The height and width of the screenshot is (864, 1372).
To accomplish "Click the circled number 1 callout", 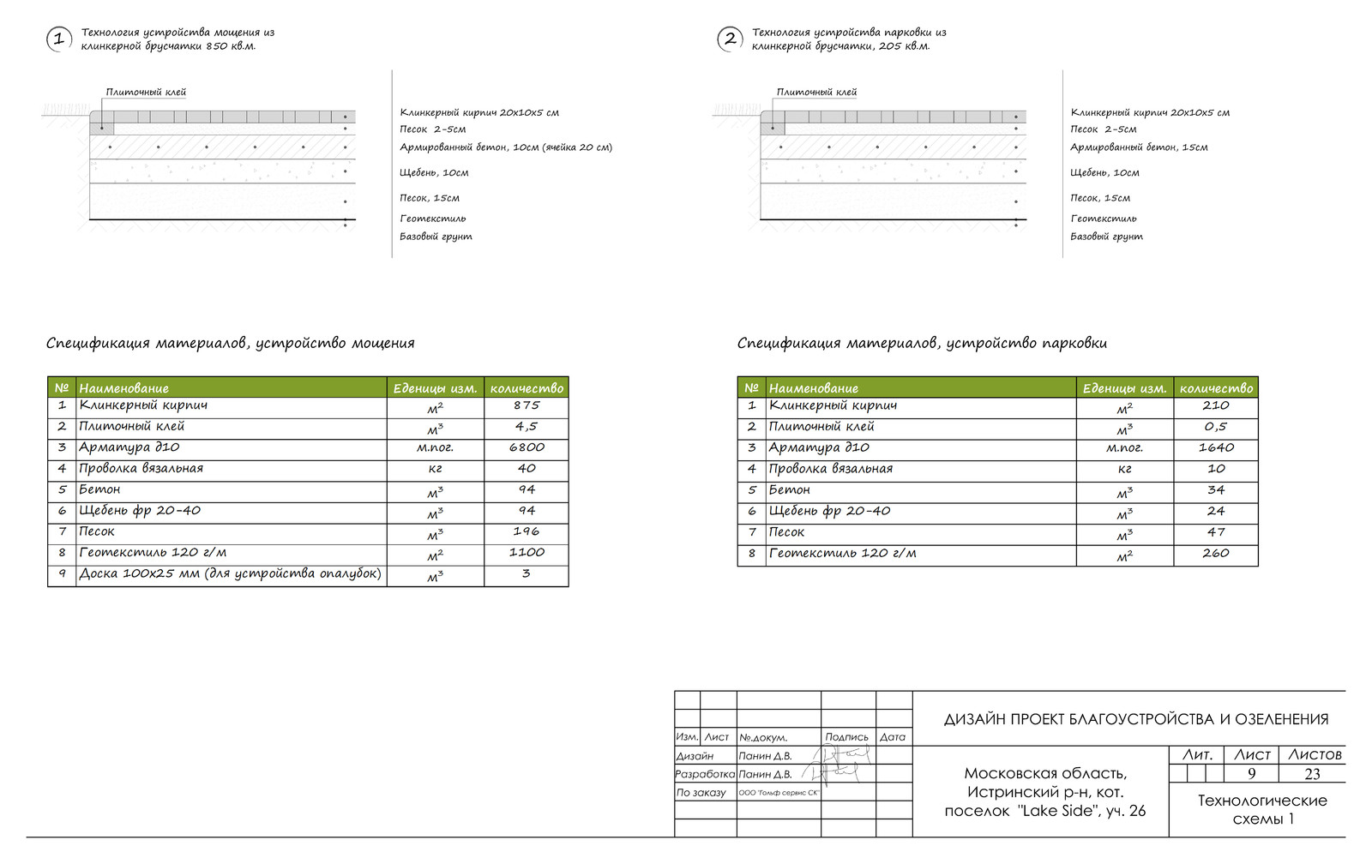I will click(x=58, y=39).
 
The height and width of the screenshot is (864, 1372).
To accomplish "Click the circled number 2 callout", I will click(x=729, y=39).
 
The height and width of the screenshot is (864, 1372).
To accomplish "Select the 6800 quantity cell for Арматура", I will click(x=526, y=447).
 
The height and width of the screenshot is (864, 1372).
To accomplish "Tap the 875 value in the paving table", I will click(x=526, y=405).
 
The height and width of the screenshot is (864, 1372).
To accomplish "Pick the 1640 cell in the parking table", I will click(x=1215, y=447).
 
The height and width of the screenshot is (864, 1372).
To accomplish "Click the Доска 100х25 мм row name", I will click(x=230, y=573).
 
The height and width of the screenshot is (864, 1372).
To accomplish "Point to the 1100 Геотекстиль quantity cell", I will click(x=526, y=553).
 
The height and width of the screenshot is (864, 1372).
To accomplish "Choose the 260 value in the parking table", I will click(x=1215, y=554).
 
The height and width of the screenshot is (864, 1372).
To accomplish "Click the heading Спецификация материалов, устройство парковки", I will click(x=922, y=344).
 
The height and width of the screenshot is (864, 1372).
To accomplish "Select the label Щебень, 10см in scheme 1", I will click(x=434, y=173).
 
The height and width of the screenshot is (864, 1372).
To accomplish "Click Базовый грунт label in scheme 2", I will click(x=1106, y=237).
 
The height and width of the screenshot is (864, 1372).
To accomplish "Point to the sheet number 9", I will click(x=1251, y=774).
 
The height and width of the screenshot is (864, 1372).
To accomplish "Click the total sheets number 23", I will click(x=1312, y=774).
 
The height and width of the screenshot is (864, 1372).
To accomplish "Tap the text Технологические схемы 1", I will click(x=1261, y=809).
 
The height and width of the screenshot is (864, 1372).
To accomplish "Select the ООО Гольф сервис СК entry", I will click(x=779, y=793).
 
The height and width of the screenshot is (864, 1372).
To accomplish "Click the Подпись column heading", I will click(x=846, y=737).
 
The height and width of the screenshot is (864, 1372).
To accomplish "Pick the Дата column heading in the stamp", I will click(x=893, y=737).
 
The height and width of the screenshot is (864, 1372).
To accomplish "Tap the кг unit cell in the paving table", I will click(x=435, y=469).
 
